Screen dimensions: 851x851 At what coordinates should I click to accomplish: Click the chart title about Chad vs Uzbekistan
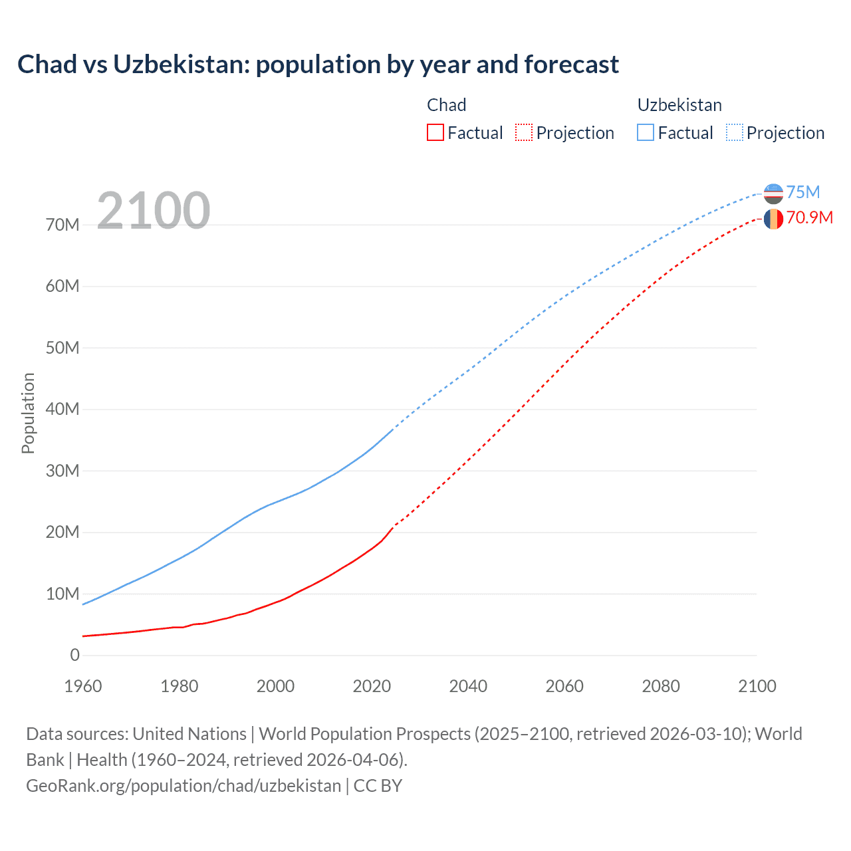coord(318,64)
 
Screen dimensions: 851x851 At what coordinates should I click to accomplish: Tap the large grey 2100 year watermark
coord(154,211)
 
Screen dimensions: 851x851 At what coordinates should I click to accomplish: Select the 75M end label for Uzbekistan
coord(803,192)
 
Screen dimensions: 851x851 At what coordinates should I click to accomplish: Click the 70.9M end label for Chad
coord(809,218)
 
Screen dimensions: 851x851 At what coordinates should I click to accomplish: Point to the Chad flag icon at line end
coord(773,219)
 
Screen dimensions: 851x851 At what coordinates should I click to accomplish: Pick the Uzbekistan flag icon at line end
coord(773,193)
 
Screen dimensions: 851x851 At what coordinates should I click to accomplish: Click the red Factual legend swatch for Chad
coord(435,132)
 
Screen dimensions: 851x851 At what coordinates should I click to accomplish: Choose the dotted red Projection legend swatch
coord(524,132)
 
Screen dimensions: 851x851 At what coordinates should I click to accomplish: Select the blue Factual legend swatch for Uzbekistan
coord(646,132)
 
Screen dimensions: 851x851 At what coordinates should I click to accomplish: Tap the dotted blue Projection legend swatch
coord(735,132)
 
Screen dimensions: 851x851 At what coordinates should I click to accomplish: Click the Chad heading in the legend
coord(446,105)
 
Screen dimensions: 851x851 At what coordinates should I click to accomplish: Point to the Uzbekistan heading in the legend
coord(679,105)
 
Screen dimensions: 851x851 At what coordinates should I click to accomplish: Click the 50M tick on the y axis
coord(62,348)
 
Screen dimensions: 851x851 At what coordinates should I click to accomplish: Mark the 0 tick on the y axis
coord(74,656)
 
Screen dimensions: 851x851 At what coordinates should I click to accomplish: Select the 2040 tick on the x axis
coord(468,686)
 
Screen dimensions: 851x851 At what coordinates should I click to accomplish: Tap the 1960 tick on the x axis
coord(83,686)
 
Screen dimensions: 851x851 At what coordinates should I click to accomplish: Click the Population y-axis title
coord(28,413)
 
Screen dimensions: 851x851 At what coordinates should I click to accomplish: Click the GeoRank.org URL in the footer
coord(183,786)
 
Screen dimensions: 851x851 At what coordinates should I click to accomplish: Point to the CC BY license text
coord(378,786)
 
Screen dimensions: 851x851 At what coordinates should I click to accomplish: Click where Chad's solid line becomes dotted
coord(394,526)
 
